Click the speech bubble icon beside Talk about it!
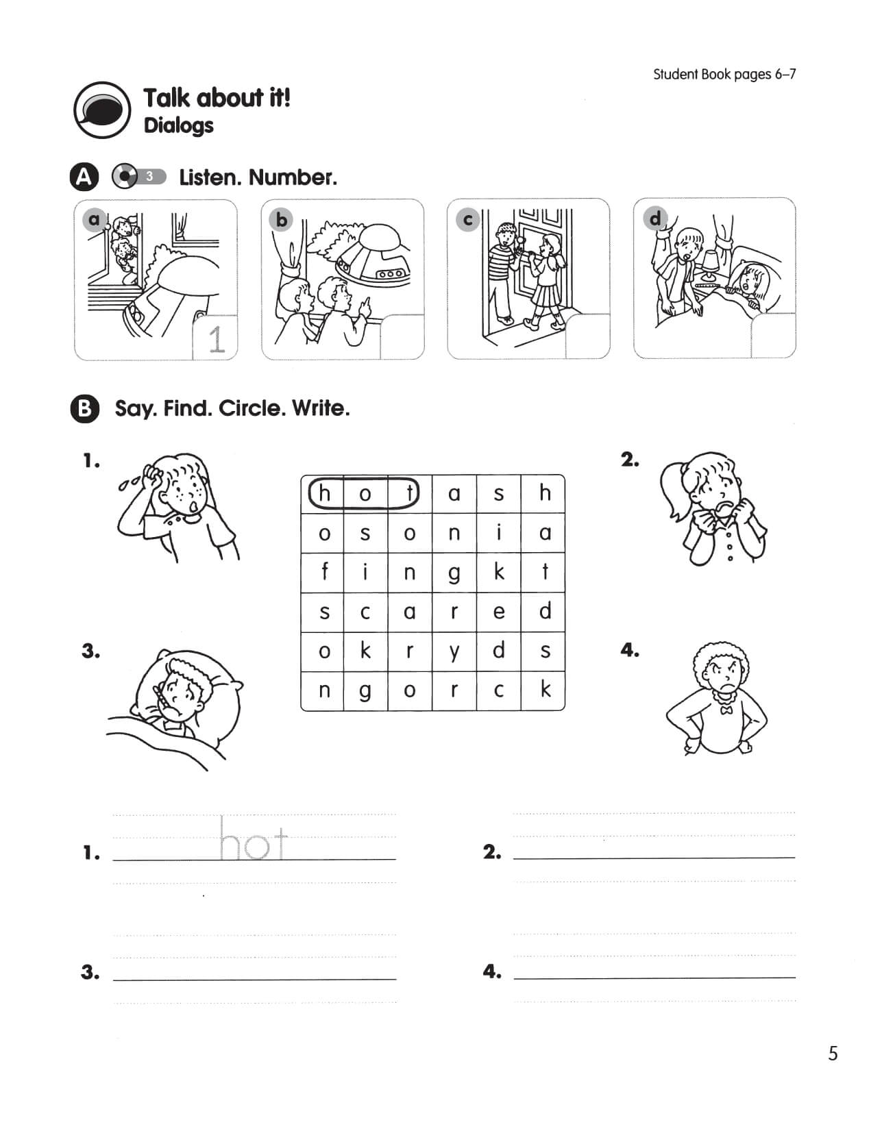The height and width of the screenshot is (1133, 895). [x=102, y=110]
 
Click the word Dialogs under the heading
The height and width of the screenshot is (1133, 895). [x=178, y=126]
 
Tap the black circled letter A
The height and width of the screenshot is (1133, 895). [x=84, y=177]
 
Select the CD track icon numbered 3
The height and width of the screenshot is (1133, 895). [x=138, y=177]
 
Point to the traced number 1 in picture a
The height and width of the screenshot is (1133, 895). [x=216, y=339]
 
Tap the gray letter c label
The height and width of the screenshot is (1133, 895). [x=468, y=219]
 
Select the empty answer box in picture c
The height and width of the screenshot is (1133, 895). [x=587, y=336]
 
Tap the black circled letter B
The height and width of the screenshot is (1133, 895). [x=84, y=409]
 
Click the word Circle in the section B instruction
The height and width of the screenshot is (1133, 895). [x=251, y=409]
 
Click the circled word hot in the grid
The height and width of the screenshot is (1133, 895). [x=363, y=493]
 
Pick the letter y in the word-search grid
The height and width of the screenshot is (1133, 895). [x=454, y=651]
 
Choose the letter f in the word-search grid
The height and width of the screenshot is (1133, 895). [x=324, y=571]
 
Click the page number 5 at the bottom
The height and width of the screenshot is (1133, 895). [x=833, y=1053]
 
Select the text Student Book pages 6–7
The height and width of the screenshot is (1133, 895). [x=724, y=74]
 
